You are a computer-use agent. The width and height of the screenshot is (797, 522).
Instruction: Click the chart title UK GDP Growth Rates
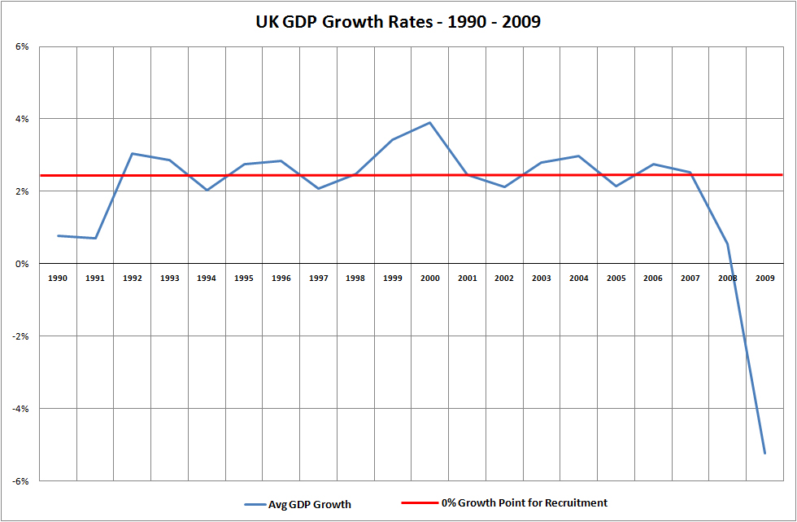click(398, 22)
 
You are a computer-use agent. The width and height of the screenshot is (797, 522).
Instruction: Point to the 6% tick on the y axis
click(22, 46)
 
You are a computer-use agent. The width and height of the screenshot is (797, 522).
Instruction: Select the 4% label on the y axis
click(22, 119)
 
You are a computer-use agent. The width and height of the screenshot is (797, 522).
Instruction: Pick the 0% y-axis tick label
click(22, 264)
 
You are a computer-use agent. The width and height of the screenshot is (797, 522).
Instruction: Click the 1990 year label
click(58, 278)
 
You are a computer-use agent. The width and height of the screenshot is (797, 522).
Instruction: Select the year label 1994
click(207, 278)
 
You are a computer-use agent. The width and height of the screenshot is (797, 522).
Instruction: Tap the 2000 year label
click(430, 278)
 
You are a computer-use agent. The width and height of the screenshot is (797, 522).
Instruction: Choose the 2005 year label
click(616, 278)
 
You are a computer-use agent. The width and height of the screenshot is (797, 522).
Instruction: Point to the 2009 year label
click(765, 278)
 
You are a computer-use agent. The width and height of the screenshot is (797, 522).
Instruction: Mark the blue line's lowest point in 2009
click(765, 454)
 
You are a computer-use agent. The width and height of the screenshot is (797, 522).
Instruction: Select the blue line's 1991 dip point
click(95, 239)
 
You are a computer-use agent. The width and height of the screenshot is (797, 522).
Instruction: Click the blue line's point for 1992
click(133, 153)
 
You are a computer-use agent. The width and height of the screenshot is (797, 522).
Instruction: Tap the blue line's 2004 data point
click(579, 156)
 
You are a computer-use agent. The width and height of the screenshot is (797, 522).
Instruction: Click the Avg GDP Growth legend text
click(310, 504)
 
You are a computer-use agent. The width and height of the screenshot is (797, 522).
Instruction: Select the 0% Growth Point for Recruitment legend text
click(525, 503)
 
